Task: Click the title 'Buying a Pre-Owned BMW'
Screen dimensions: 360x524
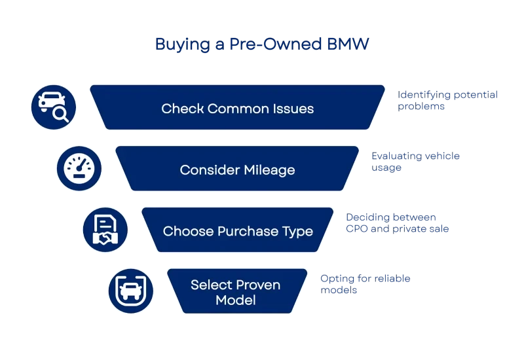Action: [x=262, y=45]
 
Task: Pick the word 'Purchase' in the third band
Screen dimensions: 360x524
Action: [x=252, y=232]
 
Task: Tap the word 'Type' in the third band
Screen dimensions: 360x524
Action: [x=298, y=232]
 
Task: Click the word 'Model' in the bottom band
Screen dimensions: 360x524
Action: [x=236, y=301]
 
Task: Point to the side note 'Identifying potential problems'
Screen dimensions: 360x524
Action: [x=448, y=100]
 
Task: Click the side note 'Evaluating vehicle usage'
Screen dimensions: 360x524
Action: [x=416, y=162]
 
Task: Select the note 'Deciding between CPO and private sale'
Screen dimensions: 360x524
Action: [x=397, y=224]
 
